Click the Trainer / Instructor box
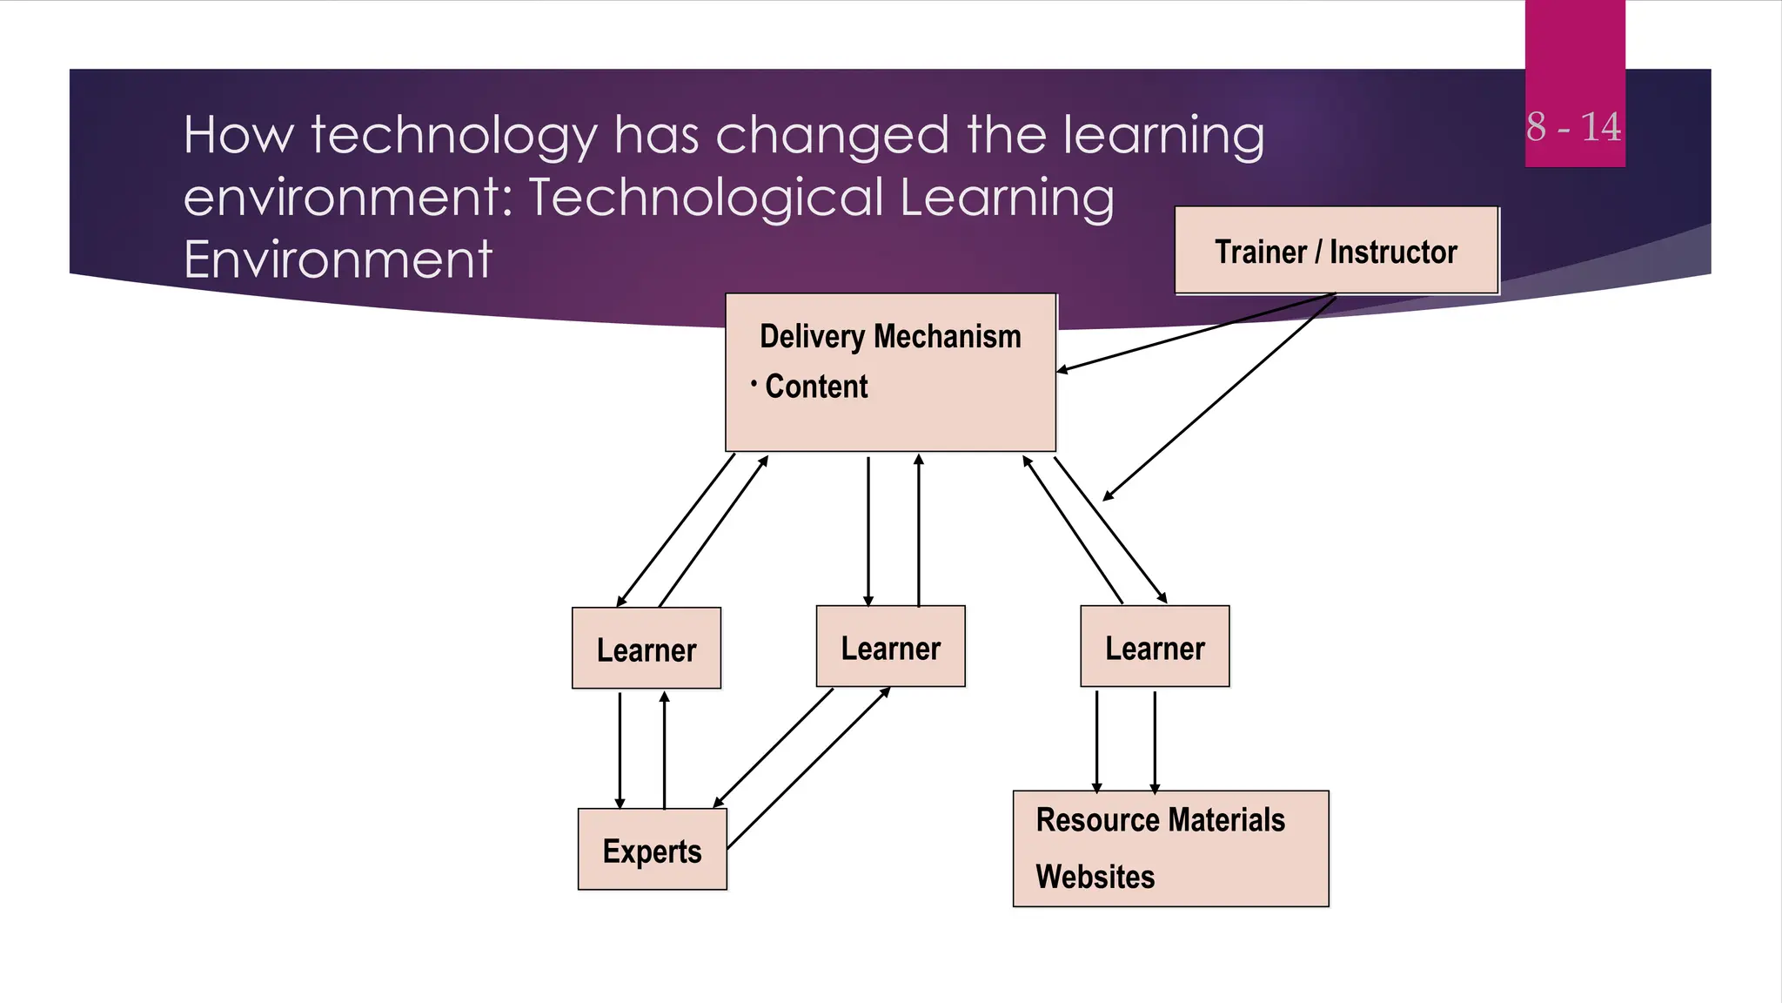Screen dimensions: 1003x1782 [x=1336, y=251]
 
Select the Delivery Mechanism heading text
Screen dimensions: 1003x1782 [x=890, y=337]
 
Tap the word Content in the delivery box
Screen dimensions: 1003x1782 [x=816, y=387]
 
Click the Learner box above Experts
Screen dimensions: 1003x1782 [x=646, y=649]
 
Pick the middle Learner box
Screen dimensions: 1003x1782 [x=890, y=647]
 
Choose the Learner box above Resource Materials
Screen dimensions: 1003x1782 [x=1155, y=647]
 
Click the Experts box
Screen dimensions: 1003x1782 [x=652, y=850]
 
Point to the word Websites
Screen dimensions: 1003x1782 [x=1095, y=877]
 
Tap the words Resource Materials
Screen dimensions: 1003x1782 [x=1160, y=820]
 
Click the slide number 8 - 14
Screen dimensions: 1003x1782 [x=1573, y=127]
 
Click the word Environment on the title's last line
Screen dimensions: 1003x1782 [x=338, y=259]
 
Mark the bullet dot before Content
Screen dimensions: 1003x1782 [x=754, y=382]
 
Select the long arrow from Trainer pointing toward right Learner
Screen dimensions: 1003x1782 [x=1218, y=399]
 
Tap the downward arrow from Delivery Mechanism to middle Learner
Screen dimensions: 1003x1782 [x=868, y=531]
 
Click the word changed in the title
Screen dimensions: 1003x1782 [x=831, y=136]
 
